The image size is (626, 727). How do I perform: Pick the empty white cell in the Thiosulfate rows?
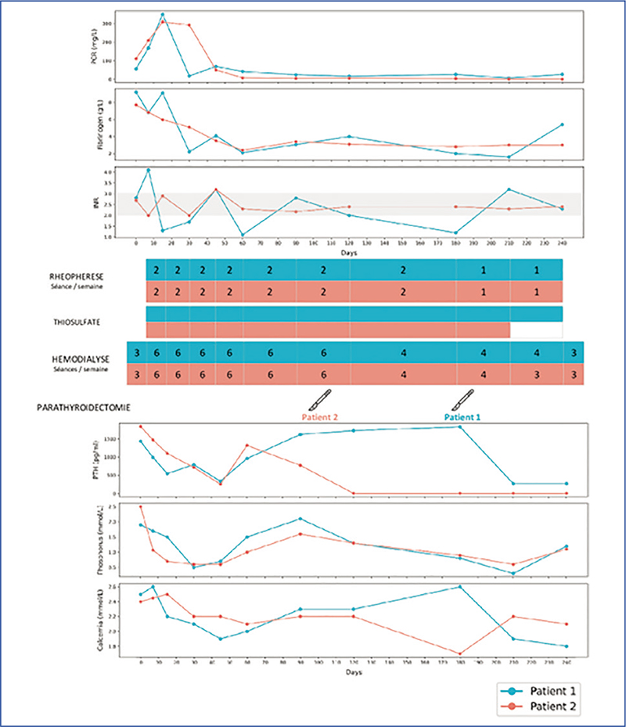click(537, 330)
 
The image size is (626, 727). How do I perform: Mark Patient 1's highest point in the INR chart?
click(149, 170)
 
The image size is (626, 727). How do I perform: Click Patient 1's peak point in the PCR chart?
click(163, 14)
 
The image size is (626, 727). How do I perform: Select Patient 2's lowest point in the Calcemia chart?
click(460, 653)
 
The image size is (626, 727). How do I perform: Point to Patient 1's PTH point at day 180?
click(460, 426)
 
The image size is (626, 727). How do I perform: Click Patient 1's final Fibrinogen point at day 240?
click(563, 124)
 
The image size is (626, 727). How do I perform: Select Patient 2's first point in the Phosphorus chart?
click(141, 507)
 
